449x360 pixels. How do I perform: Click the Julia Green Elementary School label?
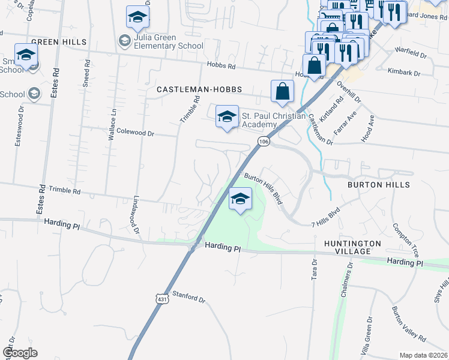coord(161,41)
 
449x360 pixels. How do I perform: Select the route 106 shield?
coord(263,141)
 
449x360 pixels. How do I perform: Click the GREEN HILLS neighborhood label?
coord(59,42)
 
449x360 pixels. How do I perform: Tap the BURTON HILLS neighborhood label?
coord(379,185)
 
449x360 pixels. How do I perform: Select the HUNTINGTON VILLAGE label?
coord(352,247)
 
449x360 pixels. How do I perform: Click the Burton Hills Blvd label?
coord(263,190)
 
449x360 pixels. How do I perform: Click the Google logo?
coord(20,353)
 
